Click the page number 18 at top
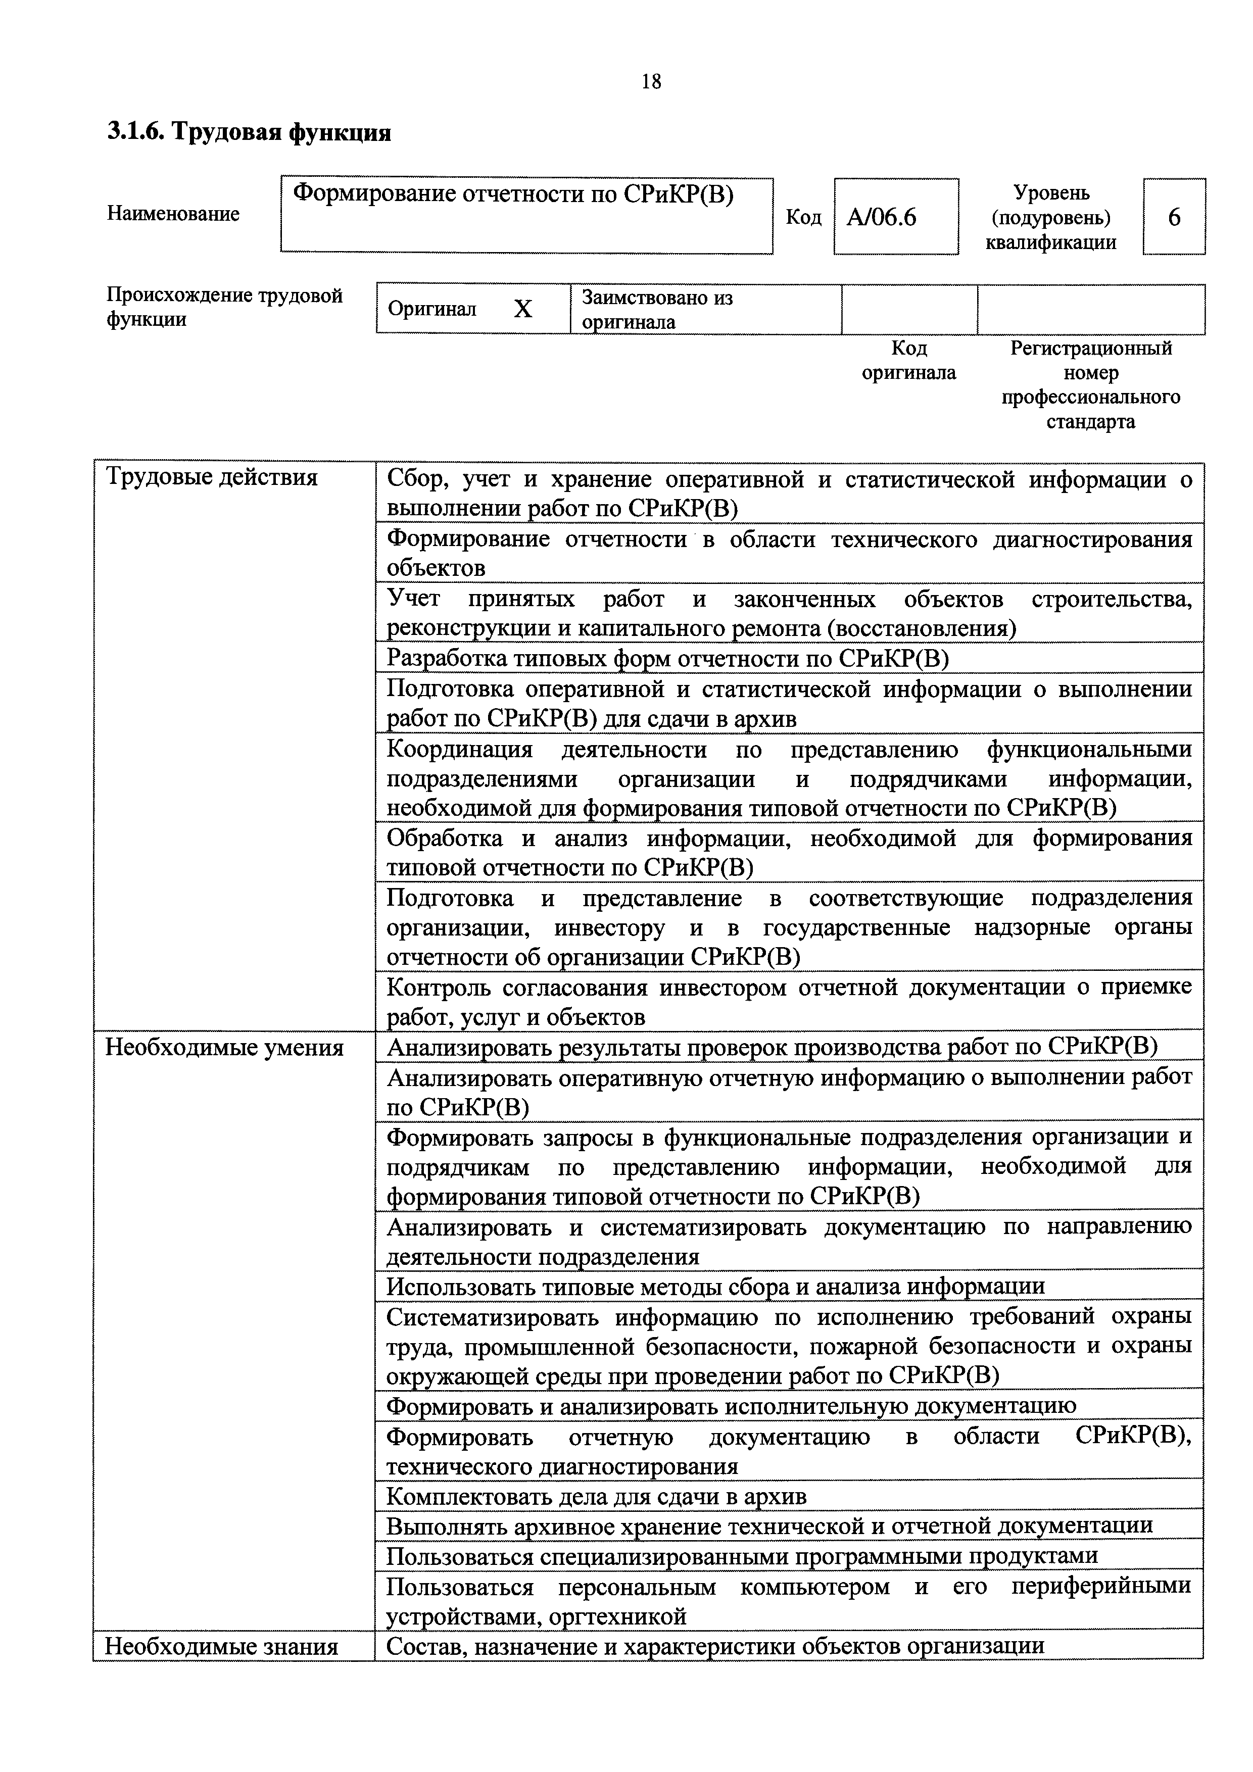pyautogui.click(x=651, y=81)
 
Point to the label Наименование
pyautogui.click(x=173, y=214)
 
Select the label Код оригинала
pyautogui.click(x=908, y=361)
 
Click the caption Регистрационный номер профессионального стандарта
pyautogui.click(x=1090, y=385)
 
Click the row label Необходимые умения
pyautogui.click(x=224, y=1048)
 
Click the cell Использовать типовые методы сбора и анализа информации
pyautogui.click(x=715, y=1286)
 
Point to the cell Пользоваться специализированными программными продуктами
pyautogui.click(x=741, y=1555)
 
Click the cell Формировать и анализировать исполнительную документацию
pyautogui.click(x=731, y=1406)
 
